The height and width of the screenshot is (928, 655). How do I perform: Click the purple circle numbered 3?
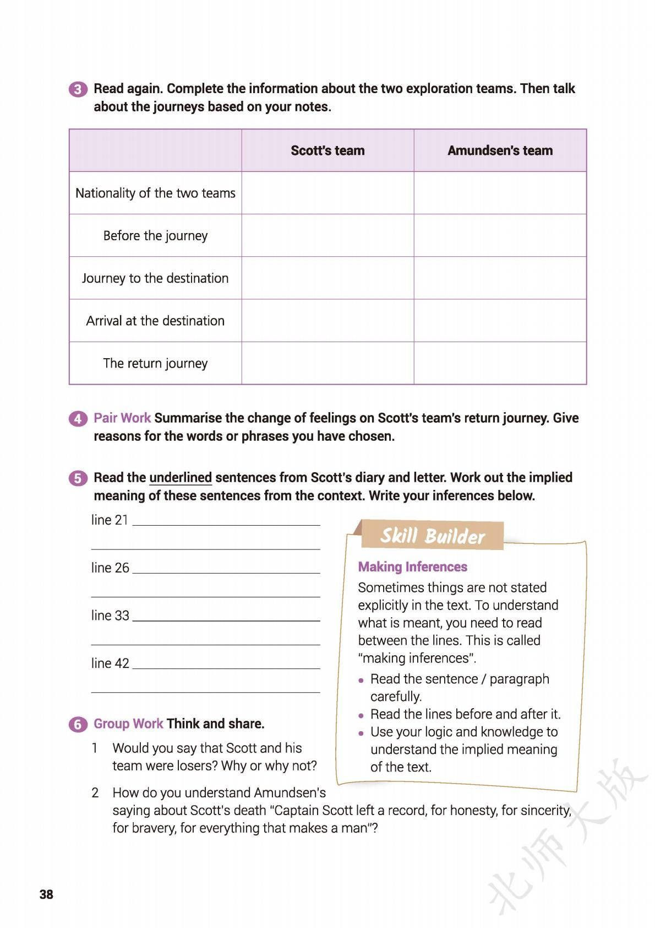78,89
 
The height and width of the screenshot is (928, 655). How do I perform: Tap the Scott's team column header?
327,150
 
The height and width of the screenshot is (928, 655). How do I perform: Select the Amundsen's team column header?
500,150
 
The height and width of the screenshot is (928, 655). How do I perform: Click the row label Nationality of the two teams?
155,193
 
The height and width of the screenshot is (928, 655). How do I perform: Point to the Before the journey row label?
155,236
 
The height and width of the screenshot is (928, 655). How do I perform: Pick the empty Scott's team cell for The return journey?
327,363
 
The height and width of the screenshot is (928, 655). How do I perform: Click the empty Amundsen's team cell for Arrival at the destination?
500,321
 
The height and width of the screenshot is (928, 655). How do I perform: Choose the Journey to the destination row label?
155,278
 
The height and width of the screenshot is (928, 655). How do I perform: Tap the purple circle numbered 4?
78,419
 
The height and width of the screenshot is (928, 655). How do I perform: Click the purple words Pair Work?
122,418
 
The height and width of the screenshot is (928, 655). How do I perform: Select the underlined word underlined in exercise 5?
181,478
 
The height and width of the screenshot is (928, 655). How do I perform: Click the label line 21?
110,520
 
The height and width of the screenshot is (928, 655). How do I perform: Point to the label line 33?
110,616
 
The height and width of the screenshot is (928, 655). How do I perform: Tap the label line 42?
110,663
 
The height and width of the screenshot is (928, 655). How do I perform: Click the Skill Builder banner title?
433,536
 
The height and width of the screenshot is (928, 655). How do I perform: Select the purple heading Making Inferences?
412,567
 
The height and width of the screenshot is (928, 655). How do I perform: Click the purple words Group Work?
128,724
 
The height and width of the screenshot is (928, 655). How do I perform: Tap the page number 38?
47,894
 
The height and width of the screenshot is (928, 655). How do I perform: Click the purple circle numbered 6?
78,724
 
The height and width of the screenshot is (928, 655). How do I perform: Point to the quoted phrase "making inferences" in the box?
417,658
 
